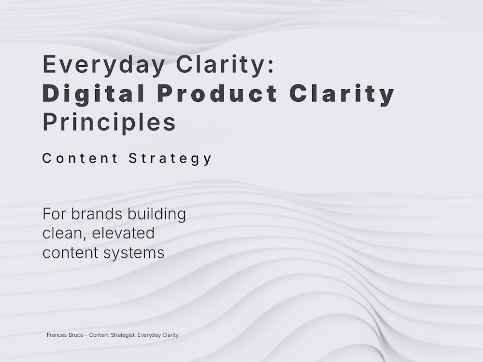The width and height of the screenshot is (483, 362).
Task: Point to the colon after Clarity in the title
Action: (271, 66)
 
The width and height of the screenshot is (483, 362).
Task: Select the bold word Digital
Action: (93, 94)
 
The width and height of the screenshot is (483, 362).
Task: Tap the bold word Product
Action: (217, 93)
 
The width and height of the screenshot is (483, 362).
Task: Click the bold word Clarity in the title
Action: (342, 94)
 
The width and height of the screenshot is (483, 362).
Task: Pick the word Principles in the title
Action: (109, 123)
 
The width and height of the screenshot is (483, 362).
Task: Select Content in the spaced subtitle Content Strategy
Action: (80, 158)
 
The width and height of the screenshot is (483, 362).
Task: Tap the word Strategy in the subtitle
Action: (170, 159)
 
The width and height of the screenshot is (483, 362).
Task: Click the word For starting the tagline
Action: (55, 214)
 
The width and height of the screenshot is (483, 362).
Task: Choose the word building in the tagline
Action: (156, 214)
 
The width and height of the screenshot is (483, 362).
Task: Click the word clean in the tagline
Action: (64, 233)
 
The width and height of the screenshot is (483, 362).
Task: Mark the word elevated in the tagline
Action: (123, 233)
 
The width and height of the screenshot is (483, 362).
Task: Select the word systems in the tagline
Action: (134, 253)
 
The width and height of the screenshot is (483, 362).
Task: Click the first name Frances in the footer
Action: (56, 335)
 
